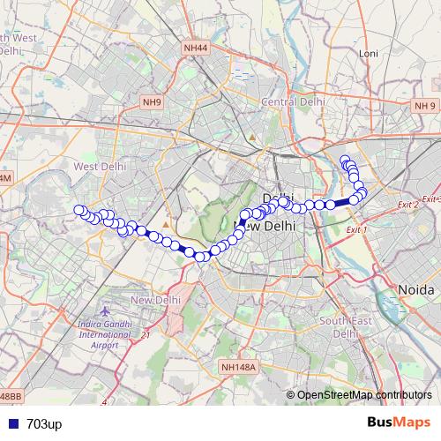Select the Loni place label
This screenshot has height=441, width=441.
369,54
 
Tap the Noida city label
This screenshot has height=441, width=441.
416,289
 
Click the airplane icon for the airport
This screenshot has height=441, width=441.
106,312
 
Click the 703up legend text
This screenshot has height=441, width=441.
43,424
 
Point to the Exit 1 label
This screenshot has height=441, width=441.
356,229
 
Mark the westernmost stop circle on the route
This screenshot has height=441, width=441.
78,210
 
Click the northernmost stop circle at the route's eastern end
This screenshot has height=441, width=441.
345,160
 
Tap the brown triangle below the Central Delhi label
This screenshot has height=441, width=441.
252,137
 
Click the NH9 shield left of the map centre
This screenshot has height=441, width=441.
153,102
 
